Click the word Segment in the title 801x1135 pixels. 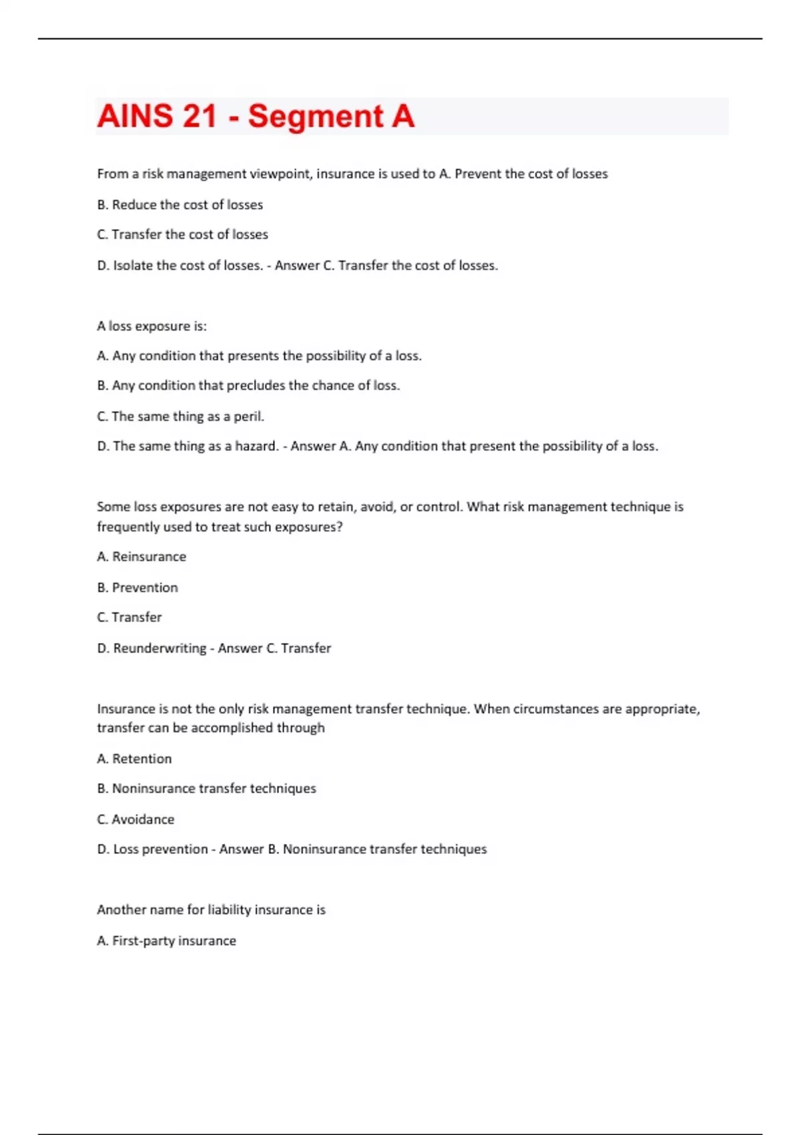(x=315, y=116)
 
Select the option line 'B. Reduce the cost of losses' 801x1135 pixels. (x=180, y=205)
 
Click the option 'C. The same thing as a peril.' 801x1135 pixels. (x=180, y=417)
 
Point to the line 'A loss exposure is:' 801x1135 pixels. (x=152, y=326)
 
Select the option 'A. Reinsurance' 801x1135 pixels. (x=142, y=557)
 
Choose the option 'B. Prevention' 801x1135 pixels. (x=138, y=588)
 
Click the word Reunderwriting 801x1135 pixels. (x=160, y=648)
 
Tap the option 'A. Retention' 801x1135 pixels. (x=134, y=759)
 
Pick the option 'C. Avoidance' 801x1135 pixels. (x=136, y=819)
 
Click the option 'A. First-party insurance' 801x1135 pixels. (x=166, y=941)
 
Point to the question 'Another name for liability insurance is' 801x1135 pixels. (x=211, y=910)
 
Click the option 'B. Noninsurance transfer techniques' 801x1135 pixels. (x=206, y=788)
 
